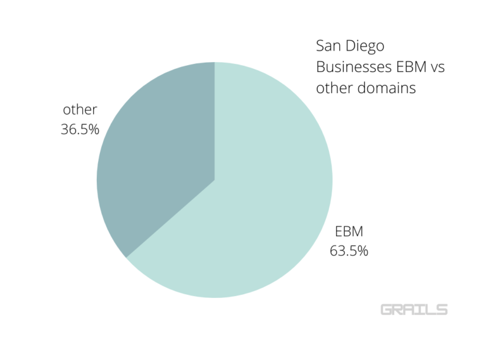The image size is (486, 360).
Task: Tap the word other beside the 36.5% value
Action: point(79,110)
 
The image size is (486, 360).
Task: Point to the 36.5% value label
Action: point(80,129)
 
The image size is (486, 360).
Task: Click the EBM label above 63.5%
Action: point(349,232)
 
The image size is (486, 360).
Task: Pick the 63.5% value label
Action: point(349,251)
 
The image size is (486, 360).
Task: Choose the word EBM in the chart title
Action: point(409,67)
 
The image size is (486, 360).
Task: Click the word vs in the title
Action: point(437,67)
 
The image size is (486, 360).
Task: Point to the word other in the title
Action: point(334,88)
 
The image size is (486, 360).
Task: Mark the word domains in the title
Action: point(388,88)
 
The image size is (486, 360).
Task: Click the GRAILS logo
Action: point(414,309)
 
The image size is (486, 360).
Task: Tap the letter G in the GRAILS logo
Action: point(387,309)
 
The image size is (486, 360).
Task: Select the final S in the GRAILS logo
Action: point(441,309)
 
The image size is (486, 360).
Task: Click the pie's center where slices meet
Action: point(215,180)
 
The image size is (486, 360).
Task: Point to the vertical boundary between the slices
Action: point(215,120)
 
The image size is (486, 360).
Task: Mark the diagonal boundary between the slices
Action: point(171,218)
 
